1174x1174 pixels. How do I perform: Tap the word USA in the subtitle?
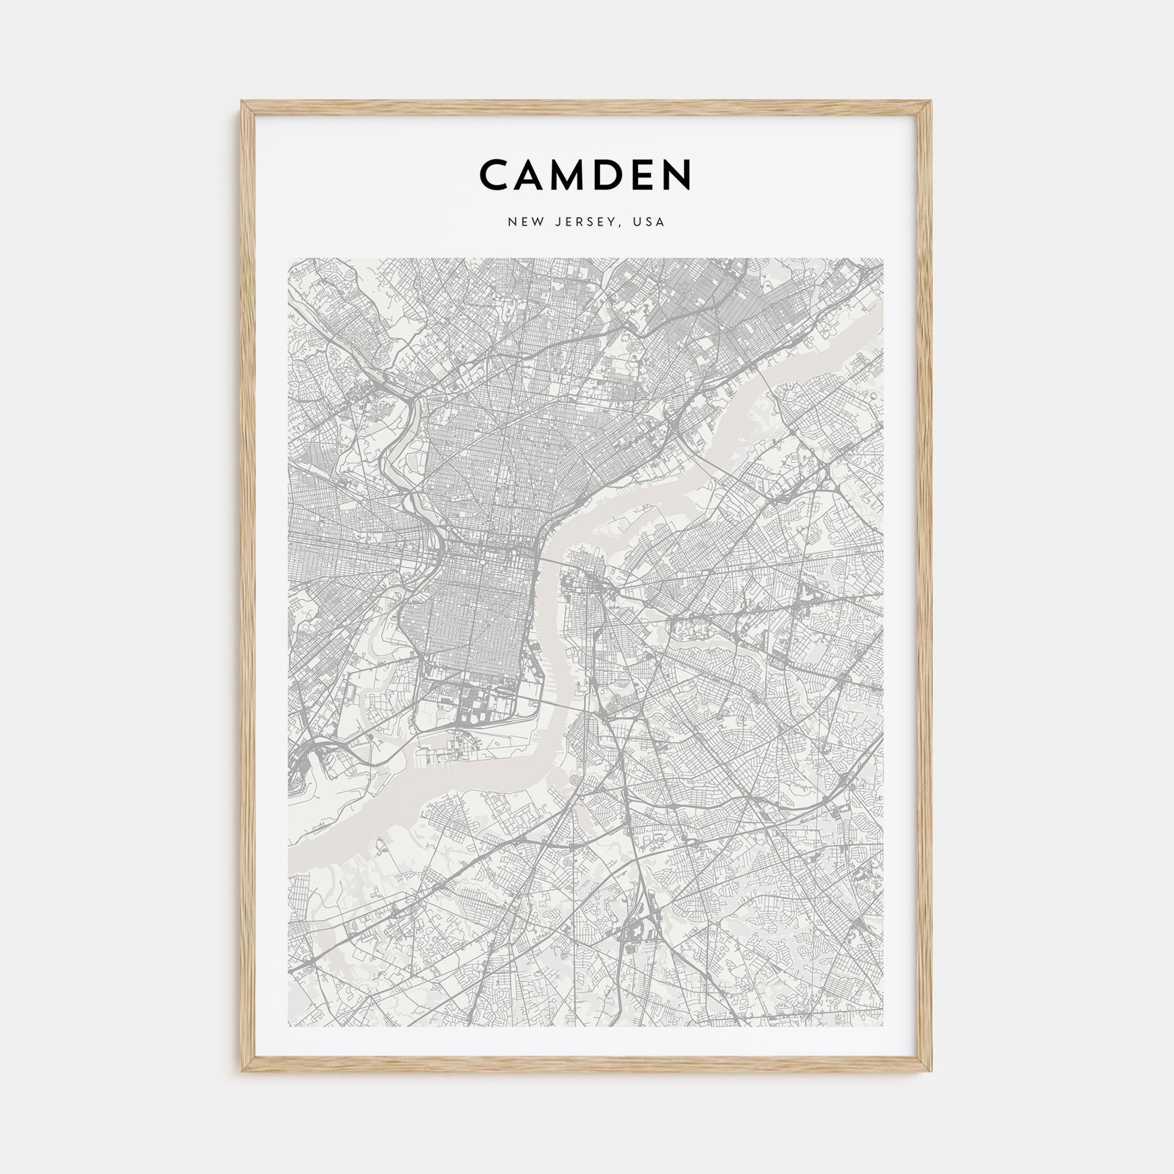(649, 222)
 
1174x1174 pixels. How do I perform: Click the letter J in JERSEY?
(557, 222)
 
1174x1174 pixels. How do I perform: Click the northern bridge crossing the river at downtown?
(554, 562)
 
